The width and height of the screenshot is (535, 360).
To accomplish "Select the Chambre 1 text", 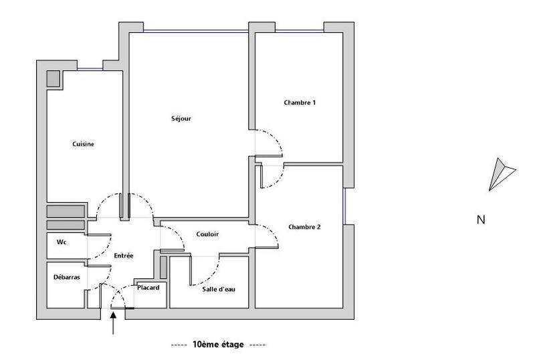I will [x=300, y=103].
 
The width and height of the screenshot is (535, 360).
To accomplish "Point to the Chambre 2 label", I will [x=304, y=228].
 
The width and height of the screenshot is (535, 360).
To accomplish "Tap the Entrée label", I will [x=124, y=256].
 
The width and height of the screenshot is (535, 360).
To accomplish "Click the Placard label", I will [x=148, y=288].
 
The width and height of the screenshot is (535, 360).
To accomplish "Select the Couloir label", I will [x=208, y=234].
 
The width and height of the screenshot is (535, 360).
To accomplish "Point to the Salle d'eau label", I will [x=219, y=289].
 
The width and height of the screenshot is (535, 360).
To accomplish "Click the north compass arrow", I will [x=500, y=174].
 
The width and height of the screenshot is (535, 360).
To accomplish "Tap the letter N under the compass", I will [x=480, y=219].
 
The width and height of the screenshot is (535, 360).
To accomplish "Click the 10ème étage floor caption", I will [x=218, y=345].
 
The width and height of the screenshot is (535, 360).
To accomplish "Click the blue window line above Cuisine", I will [x=89, y=70].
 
